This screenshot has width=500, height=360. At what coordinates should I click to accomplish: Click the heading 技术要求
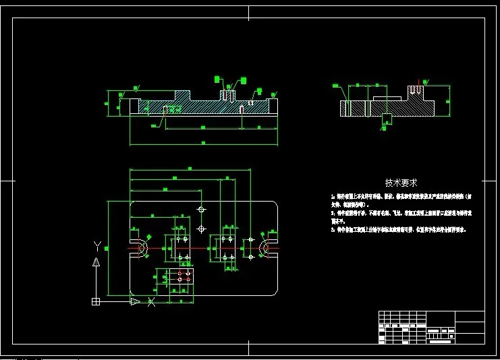(401, 183)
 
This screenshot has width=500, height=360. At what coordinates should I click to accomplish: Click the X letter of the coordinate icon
(151, 302)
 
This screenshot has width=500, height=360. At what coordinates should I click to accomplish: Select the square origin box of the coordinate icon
(96, 301)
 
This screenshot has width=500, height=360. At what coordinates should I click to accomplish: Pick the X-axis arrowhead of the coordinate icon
(135, 301)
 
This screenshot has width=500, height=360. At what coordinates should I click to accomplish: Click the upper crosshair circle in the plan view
(200, 210)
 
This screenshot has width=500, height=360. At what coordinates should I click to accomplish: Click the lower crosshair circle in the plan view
(200, 229)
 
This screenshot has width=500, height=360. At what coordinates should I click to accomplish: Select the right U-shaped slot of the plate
(268, 248)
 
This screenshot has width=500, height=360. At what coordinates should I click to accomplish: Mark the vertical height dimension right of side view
(448, 102)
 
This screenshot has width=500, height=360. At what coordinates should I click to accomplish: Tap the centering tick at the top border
(249, 11)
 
